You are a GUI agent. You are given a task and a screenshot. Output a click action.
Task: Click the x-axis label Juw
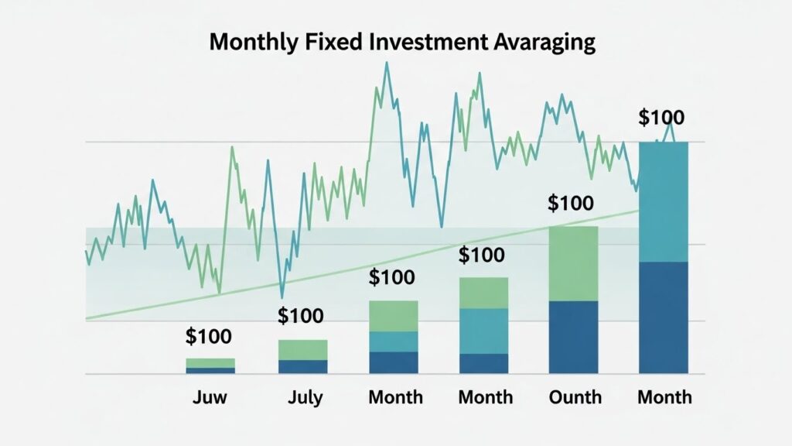pos(209,397)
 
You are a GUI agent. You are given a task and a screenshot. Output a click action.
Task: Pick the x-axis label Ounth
pos(574,397)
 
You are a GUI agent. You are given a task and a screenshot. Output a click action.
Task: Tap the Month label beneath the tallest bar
pos(664,397)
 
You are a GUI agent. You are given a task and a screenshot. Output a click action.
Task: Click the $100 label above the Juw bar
pos(209,337)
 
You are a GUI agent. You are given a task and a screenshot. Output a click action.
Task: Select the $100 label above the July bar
pos(301,316)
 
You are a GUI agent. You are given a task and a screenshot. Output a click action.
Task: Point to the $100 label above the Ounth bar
pos(571,204)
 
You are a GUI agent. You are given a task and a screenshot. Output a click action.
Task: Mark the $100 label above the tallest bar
pos(661,118)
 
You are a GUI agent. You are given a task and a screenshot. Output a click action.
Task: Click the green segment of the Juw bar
pos(210,362)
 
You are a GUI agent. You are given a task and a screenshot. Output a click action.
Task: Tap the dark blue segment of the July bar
pos(302,367)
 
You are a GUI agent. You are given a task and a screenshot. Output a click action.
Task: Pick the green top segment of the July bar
pos(302,350)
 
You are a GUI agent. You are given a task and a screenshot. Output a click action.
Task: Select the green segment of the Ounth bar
pos(574,263)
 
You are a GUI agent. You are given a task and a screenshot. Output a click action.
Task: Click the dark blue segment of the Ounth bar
pos(574,337)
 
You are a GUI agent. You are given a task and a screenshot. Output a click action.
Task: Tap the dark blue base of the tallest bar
pos(664,317)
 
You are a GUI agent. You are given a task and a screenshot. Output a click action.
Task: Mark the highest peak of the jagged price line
pos(386,63)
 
